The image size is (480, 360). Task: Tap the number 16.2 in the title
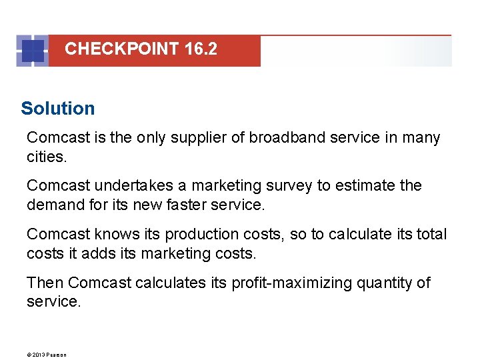pos(199,49)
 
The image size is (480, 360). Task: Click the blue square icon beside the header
pos(33,51)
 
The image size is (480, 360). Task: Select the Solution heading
pos(58,108)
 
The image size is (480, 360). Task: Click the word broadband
pos(279,138)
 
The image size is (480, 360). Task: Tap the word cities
pos(46,157)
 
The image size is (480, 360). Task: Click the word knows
pos(114,235)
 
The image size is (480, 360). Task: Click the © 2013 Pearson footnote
pos(47,354)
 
